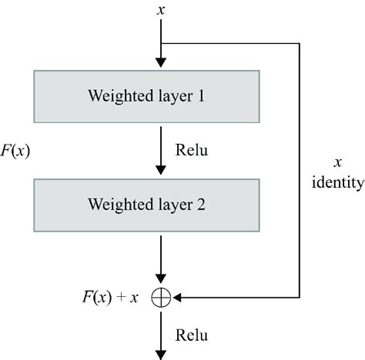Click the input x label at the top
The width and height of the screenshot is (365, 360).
coord(161,12)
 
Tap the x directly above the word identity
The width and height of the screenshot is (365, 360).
coord(337,163)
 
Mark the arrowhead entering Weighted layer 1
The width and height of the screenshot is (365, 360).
coord(161,63)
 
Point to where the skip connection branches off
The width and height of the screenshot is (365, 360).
coord(161,43)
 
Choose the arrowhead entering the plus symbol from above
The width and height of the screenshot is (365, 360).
coord(161,282)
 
